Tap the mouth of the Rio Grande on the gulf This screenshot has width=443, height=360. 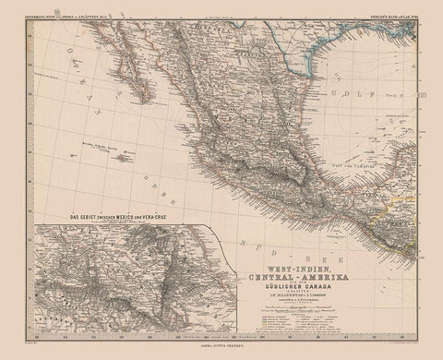[293, 88]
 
